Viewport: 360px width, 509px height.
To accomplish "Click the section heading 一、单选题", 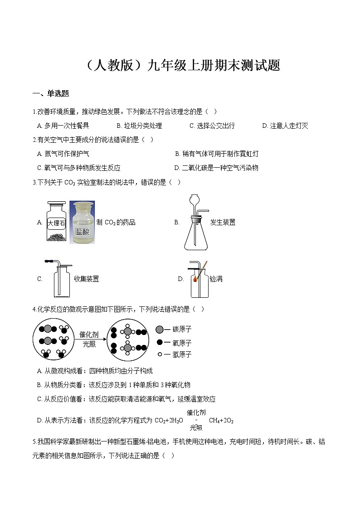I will click(51, 94).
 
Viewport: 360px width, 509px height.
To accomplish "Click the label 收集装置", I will click(86, 279).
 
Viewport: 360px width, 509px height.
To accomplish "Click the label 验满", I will click(216, 279).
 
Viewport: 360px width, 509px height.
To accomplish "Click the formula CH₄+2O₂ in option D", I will click(221, 421).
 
